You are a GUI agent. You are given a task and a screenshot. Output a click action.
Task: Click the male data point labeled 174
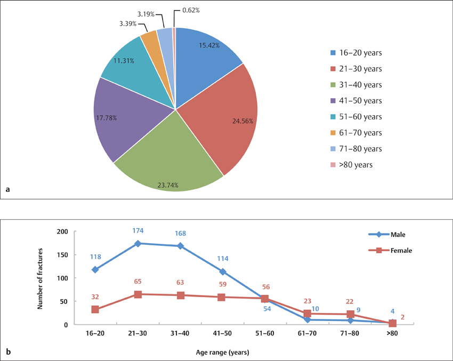pos(138,244)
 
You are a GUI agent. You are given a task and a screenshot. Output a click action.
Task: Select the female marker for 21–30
pos(138,294)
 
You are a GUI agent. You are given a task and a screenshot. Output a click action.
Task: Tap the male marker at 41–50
pos(222,271)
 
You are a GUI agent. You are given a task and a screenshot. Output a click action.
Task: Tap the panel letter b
pos(8,351)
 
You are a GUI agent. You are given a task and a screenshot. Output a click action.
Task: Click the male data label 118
pos(96,256)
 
